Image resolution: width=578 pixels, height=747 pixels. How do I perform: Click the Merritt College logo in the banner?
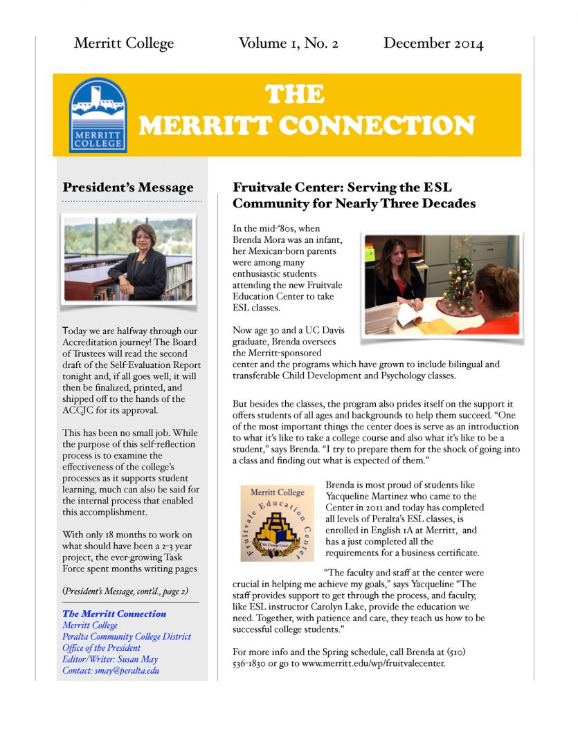tap(98, 114)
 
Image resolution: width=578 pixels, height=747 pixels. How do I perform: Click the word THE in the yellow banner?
tap(294, 95)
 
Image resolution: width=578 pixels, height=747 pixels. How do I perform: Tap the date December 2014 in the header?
tap(433, 44)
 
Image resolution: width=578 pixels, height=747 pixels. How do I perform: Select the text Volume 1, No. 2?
tap(288, 44)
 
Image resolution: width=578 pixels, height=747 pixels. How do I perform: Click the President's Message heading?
tap(128, 187)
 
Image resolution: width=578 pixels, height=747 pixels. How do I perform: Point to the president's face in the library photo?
tap(143, 237)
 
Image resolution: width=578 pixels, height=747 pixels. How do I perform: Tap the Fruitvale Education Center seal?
tap(277, 522)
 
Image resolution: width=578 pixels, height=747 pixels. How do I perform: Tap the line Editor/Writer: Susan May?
tap(110, 659)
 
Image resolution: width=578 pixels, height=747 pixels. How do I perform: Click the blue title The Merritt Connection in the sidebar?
tap(114, 614)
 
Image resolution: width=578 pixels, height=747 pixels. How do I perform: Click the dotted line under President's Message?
tap(132, 201)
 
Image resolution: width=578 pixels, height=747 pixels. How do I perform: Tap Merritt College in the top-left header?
tap(124, 44)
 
